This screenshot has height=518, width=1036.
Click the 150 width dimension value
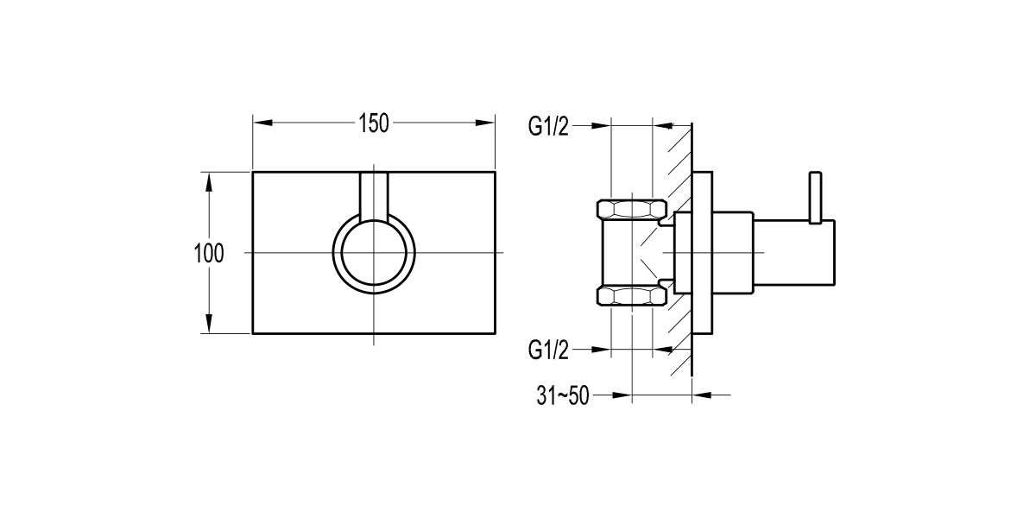373,123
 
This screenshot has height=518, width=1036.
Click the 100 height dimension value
209,254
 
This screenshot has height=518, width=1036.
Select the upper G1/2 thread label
549,127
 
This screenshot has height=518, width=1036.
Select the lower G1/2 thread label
549,350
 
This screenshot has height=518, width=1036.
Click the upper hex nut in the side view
632,208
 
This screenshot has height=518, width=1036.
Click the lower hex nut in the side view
632,298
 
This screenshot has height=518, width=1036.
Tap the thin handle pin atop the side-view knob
813,196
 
